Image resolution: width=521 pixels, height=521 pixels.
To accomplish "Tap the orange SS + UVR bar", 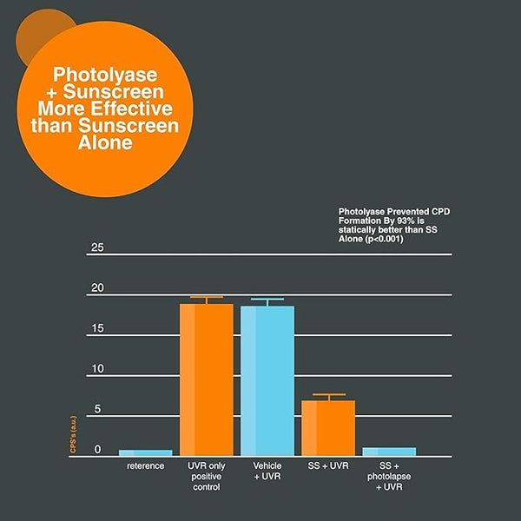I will pos(328,428).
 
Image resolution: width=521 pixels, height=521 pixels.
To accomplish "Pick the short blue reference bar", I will pos(145,452).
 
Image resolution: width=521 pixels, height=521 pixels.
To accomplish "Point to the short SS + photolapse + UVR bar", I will pos(389,452).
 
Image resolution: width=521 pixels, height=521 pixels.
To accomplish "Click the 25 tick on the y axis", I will pos(96,248).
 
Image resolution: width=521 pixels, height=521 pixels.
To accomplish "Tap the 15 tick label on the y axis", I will pos(96,329).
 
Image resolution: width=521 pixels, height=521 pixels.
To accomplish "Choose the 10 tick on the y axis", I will pos(96,369).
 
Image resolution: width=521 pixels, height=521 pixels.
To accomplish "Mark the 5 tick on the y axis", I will pos(97,409).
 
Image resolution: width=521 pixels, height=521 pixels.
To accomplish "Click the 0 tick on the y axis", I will pos(97,449).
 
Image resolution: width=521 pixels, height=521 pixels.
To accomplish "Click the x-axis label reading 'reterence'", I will pos(145,466).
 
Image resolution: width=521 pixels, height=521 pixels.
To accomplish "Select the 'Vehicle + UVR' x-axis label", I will pos(267,472).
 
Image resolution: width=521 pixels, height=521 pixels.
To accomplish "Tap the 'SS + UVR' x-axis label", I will pos(328,466).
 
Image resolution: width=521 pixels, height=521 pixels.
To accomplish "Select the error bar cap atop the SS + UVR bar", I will pos(328,395).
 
